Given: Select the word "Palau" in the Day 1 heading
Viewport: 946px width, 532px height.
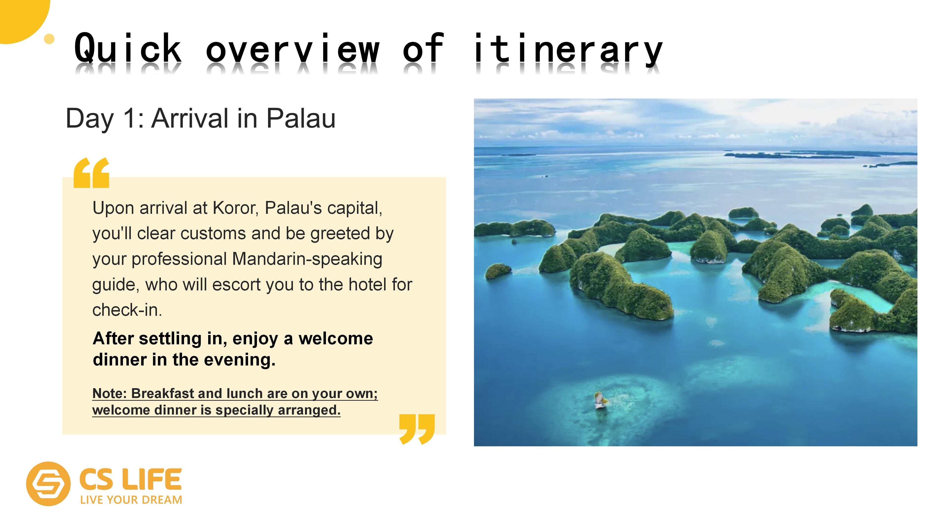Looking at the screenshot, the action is (301, 118).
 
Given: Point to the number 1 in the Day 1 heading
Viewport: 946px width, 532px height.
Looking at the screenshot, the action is (130, 118).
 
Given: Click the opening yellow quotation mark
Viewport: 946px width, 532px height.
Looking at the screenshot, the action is (91, 173).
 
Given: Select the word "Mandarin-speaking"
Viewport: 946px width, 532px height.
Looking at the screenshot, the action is (307, 259).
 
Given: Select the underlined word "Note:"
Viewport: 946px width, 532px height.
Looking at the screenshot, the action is (109, 393).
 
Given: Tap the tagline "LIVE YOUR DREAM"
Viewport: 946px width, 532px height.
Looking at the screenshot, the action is (131, 500).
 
